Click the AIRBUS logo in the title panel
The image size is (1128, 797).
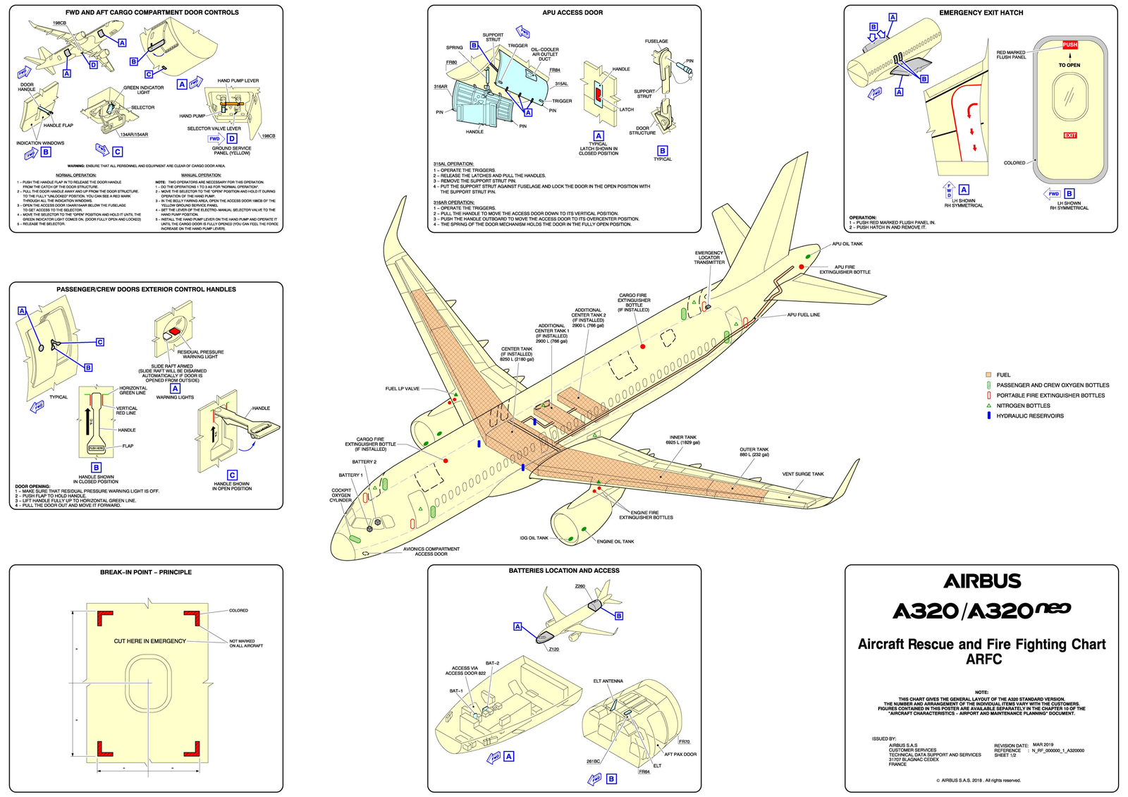[981, 581]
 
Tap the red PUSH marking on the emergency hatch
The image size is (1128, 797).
[1069, 45]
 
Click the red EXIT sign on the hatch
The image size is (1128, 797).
[1069, 135]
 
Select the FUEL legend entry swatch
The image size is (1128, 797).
[988, 375]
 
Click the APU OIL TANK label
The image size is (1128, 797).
[847, 244]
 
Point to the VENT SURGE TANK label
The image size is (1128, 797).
[802, 474]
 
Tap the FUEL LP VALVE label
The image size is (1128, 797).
[402, 389]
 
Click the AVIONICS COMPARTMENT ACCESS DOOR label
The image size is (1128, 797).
[431, 552]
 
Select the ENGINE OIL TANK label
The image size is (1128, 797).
[615, 542]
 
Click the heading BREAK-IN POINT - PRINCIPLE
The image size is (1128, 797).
[146, 572]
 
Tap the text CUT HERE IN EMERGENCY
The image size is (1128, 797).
[150, 641]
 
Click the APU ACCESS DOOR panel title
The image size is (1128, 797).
[572, 13]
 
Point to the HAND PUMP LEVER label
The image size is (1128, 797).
[238, 81]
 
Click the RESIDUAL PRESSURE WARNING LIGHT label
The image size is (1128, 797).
[200, 354]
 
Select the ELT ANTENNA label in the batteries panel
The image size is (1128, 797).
[608, 681]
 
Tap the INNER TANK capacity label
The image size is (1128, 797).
[682, 440]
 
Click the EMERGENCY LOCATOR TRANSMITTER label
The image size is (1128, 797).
[709, 257]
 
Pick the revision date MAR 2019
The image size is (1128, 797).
[1043, 745]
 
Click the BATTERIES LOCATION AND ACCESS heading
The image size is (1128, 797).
[564, 571]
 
